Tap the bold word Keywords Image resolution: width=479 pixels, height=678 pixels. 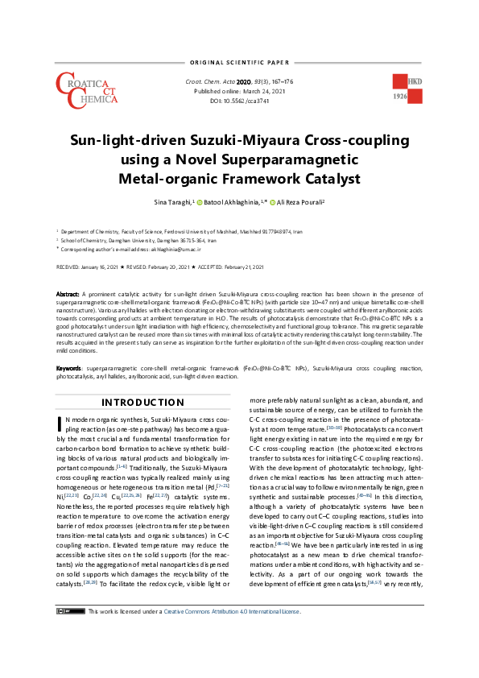69,368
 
